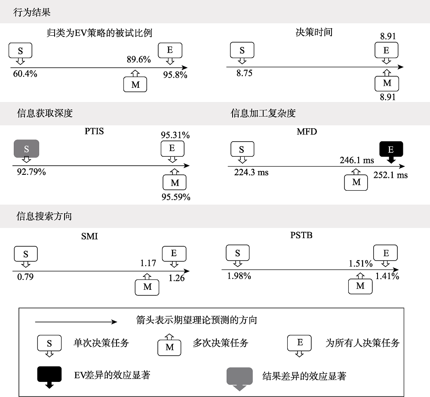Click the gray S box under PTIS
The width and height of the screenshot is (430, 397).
pyautogui.click(x=26, y=149)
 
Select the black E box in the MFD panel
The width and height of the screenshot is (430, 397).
pyautogui.click(x=391, y=149)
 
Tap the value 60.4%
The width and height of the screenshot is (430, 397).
pyautogui.click(x=25, y=74)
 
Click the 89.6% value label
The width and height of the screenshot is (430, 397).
pyautogui.click(x=138, y=60)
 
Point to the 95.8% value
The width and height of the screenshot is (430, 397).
pyautogui.click(x=175, y=74)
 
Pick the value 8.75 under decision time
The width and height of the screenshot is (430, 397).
pyautogui.click(x=244, y=73)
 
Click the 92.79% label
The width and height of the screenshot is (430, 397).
pyautogui.click(x=29, y=172)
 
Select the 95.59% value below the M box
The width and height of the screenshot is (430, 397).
pyautogui.click(x=175, y=197)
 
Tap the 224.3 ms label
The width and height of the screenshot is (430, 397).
pyautogui.click(x=251, y=172)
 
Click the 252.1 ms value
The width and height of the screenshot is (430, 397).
pyautogui.click(x=390, y=175)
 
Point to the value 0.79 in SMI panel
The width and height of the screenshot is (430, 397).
pyautogui.click(x=25, y=276)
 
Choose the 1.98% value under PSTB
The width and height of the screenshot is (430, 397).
pyautogui.click(x=239, y=276)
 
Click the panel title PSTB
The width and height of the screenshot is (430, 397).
pyautogui.click(x=301, y=236)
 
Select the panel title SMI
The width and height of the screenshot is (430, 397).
pyautogui.click(x=90, y=236)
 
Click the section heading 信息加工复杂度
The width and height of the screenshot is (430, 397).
pyautogui.click(x=263, y=113)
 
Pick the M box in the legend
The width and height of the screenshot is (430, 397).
pyautogui.click(x=169, y=347)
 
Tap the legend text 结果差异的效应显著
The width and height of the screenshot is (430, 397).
pyautogui.click(x=304, y=376)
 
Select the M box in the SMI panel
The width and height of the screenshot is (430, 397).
pyautogui.click(x=147, y=287)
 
